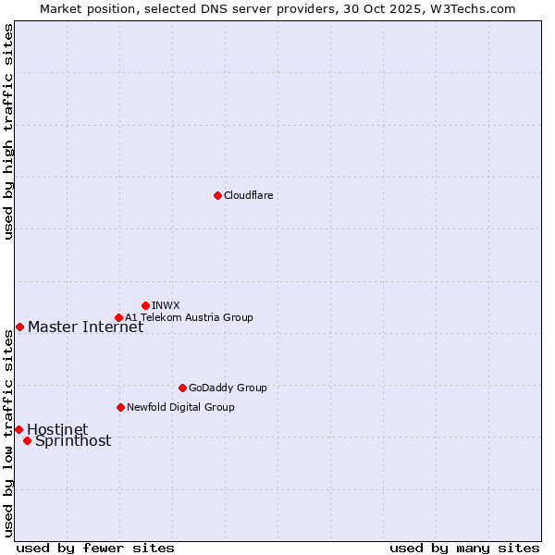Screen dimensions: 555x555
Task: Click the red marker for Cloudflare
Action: click(217, 195)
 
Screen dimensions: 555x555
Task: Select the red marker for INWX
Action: click(145, 305)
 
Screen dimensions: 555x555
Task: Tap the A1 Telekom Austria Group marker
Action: click(118, 317)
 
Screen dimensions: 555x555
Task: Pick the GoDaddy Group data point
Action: click(182, 388)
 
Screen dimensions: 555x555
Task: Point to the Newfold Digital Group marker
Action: click(120, 407)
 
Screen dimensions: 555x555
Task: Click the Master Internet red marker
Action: click(19, 327)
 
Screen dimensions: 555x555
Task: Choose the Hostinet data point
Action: click(18, 429)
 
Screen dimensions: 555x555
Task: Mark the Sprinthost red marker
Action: click(27, 440)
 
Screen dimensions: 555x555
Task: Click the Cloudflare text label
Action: click(248, 195)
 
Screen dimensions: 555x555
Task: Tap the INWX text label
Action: click(166, 305)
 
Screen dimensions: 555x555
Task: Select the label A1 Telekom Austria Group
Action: click(189, 317)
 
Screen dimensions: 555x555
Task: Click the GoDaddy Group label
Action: click(228, 388)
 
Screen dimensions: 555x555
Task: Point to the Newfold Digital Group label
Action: click(180, 407)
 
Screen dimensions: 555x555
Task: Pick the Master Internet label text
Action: click(85, 327)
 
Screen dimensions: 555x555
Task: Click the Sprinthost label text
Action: click(73, 440)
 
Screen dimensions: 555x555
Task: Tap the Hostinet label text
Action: click(57, 429)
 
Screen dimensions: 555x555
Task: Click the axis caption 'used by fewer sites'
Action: click(95, 548)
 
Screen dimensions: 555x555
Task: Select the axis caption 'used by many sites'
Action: click(464, 548)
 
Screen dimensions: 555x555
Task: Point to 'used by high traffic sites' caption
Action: click(8, 131)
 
